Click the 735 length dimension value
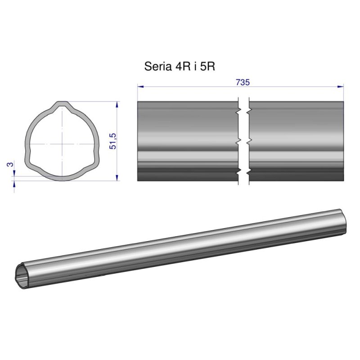point(242,82)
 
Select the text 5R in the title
point(208,67)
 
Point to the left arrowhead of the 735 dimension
point(140,86)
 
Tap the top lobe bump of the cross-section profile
point(62,105)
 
